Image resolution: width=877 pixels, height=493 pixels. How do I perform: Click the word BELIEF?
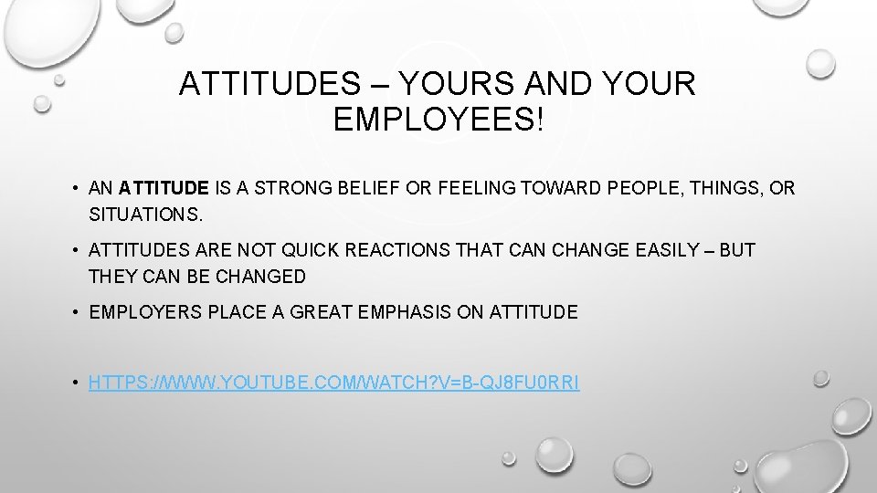tap(362, 189)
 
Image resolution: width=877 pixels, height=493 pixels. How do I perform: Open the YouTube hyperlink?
tap(333, 383)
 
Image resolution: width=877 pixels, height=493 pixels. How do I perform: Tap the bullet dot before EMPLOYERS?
tap(72, 312)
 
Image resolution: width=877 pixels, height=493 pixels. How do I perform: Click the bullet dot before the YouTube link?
tap(72, 383)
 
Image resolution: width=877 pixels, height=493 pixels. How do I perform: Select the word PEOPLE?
tap(643, 189)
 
